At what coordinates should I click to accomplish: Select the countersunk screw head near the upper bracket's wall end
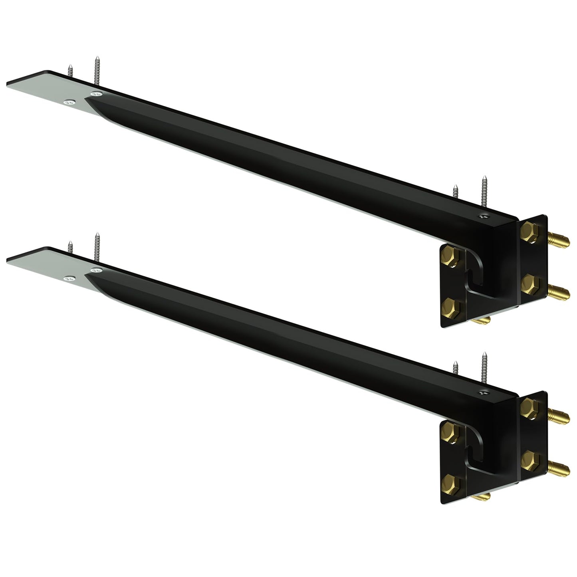click(x=484, y=216)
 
